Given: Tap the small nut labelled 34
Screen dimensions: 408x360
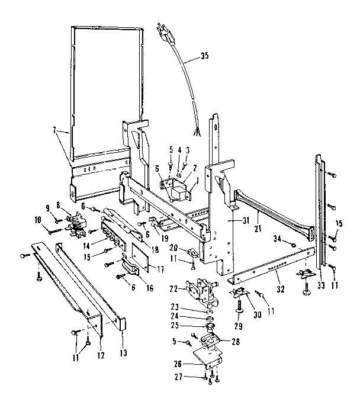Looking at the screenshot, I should pos(293,243).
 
